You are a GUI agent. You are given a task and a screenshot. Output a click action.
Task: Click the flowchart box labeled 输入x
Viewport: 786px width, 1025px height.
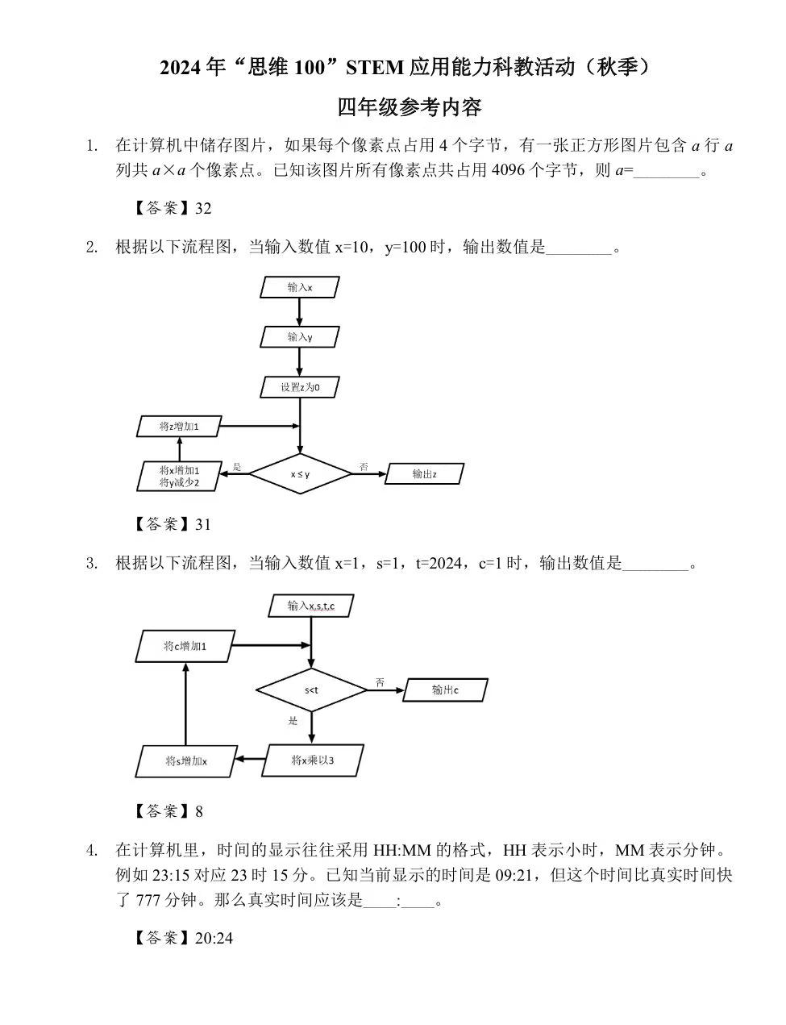pyautogui.click(x=300, y=287)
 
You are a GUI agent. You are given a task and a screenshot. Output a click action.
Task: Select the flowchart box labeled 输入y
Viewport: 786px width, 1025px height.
pyautogui.click(x=300, y=337)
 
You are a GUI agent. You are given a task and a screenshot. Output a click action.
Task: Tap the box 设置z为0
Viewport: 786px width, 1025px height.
pyautogui.click(x=300, y=387)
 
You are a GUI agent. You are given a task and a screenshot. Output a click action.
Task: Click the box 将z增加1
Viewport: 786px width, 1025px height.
pyautogui.click(x=179, y=426)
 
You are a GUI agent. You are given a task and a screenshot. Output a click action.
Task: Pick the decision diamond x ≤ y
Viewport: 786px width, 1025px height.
pyautogui.click(x=300, y=474)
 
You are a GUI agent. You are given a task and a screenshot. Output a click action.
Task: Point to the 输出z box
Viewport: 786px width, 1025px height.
pyautogui.click(x=425, y=474)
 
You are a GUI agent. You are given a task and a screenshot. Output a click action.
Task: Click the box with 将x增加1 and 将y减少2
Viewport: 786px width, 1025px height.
pyautogui.click(x=179, y=476)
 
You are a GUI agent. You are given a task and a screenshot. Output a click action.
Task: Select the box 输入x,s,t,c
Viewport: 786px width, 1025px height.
pyautogui.click(x=311, y=606)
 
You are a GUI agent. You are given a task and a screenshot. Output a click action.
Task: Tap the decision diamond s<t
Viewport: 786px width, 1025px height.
pyautogui.click(x=311, y=690)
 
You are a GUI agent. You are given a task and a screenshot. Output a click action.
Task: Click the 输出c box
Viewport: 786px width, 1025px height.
pyautogui.click(x=446, y=690)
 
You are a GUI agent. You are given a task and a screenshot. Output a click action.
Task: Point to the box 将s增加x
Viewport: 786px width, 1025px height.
pyautogui.click(x=185, y=761)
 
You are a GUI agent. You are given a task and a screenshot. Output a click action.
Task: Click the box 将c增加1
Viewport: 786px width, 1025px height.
pyautogui.click(x=185, y=646)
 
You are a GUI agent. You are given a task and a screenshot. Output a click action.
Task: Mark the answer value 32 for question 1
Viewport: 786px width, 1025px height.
pyautogui.click(x=203, y=208)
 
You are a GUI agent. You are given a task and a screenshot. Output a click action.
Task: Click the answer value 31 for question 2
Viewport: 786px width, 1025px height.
pyautogui.click(x=203, y=524)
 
